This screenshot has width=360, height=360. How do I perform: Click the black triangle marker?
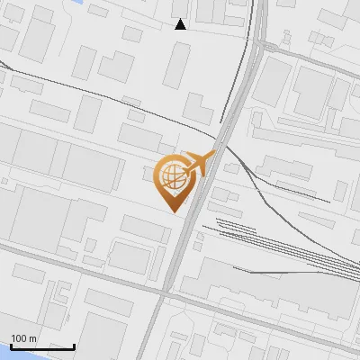[181, 24]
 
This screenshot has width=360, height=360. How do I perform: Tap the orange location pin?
[173, 180]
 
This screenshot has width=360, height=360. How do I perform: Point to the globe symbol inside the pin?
[172, 175]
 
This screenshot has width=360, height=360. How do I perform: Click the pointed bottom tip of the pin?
[173, 210]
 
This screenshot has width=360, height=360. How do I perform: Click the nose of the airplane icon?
[213, 154]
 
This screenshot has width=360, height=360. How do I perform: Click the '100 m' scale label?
[24, 338]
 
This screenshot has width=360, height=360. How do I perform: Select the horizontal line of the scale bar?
[42, 347]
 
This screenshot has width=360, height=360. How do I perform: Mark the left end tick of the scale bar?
[11, 346]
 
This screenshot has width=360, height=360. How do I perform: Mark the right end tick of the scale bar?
[74, 346]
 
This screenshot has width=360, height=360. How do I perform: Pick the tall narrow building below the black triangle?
[175, 65]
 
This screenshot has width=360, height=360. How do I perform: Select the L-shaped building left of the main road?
[198, 108]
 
